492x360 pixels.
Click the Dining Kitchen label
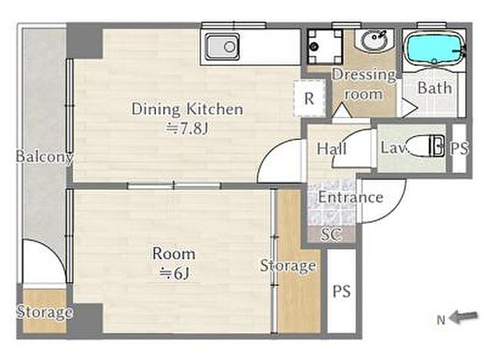click(x=188, y=109)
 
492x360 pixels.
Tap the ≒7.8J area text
click(x=188, y=128)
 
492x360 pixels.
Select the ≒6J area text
click(x=175, y=274)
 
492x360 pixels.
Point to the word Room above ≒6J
click(x=174, y=254)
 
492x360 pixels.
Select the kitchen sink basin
click(x=222, y=47)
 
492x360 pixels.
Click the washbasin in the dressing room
click(x=374, y=40)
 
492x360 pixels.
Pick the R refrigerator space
click(x=309, y=98)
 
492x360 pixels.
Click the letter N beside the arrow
click(x=440, y=320)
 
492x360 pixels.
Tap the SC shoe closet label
click(x=331, y=234)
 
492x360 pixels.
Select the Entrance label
click(x=351, y=197)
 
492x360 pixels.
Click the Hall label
click(x=331, y=148)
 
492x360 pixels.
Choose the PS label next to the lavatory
click(x=460, y=148)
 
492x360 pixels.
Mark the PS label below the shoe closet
click(x=341, y=292)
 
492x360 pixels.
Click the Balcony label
click(x=45, y=157)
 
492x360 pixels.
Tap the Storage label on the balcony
click(x=45, y=312)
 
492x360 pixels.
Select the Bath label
click(x=435, y=88)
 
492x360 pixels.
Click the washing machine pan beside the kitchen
click(x=324, y=46)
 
